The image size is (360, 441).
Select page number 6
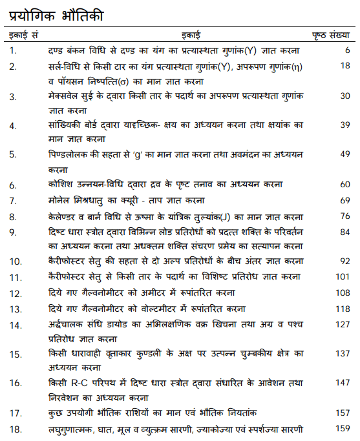tap(347, 50)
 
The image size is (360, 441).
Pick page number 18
tap(345, 65)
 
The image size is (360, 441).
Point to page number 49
tap(345, 154)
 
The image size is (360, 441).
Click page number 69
tap(345, 200)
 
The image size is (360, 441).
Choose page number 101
tap(343, 276)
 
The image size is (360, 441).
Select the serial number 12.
tap(15, 293)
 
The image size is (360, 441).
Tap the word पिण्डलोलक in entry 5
tap(70, 155)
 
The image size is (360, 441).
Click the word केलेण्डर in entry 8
tap(66, 216)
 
